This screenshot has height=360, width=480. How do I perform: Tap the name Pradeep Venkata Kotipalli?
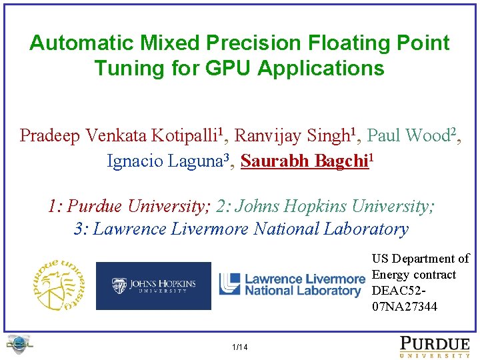[115, 136]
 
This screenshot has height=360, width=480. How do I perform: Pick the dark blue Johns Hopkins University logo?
[153, 285]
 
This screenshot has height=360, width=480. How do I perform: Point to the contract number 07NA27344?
[405, 307]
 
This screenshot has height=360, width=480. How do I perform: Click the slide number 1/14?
[239, 347]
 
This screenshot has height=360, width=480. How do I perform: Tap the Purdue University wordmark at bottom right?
[434, 347]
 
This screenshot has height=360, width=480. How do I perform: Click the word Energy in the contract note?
[391, 275]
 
